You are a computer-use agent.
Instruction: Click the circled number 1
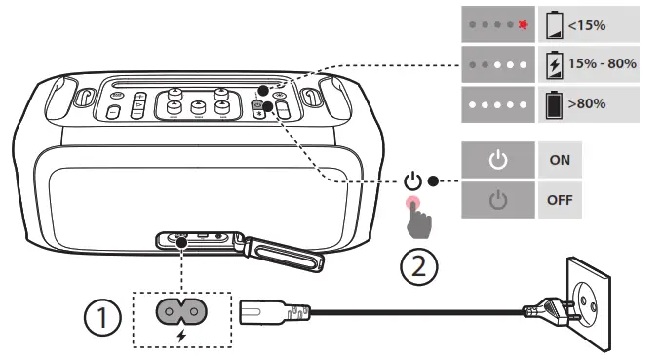102,317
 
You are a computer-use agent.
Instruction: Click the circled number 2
419,267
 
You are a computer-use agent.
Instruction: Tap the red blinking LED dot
524,25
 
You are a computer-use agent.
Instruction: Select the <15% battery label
587,25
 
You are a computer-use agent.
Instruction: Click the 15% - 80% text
603,63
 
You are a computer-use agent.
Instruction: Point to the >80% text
587,103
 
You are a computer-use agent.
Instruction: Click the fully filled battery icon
554,104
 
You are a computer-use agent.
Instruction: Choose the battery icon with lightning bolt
555,64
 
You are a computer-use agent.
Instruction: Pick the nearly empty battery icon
555,25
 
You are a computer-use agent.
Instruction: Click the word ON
560,160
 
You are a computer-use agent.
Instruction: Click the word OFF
560,200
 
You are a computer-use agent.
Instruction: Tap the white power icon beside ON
498,160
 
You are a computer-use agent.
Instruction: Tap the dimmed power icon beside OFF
498,200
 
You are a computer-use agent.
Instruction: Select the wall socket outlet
589,302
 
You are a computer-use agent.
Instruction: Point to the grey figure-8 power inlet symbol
181,312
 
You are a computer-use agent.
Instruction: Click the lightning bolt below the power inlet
181,336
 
